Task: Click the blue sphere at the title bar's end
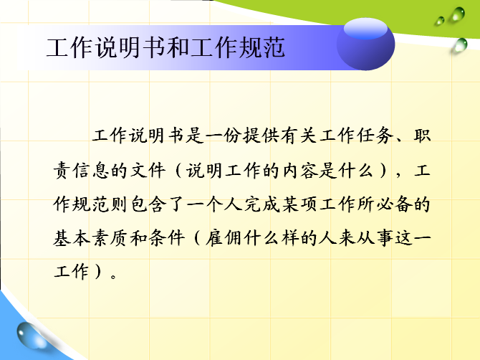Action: tap(365, 44)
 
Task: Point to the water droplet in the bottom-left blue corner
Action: tap(31, 336)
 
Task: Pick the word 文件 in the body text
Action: tap(148, 171)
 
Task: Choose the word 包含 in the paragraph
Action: tap(148, 204)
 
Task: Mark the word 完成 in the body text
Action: tap(261, 204)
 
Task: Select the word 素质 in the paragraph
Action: tap(110, 238)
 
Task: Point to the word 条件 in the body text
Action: tap(167, 238)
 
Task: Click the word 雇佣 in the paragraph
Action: tap(224, 238)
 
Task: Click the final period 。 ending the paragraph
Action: tap(114, 277)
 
